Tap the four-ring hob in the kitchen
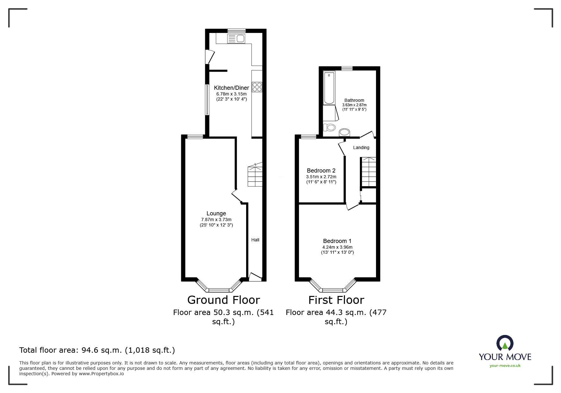257,87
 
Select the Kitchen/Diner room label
231,88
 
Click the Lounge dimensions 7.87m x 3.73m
216,219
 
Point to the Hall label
255,240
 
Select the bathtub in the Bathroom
329,88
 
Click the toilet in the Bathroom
329,128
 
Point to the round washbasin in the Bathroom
344,132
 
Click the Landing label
361,147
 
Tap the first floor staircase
369,172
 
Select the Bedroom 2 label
321,171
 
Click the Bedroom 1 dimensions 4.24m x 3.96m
337,247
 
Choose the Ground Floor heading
223,300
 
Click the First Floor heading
336,300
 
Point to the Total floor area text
97,350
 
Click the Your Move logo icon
505,344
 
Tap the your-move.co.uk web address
505,366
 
